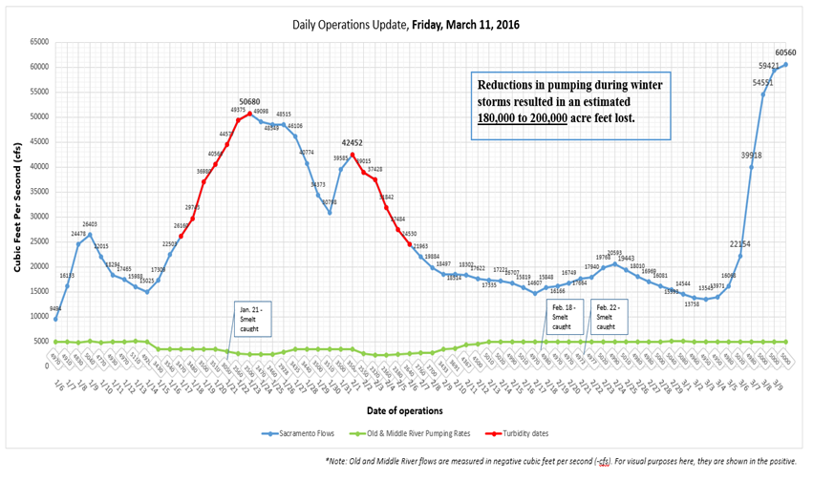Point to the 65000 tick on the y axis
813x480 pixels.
point(39,42)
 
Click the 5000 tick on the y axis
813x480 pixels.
point(41,342)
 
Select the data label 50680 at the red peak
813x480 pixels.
point(249,101)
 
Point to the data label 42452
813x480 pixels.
point(353,143)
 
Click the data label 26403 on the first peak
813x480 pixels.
point(89,225)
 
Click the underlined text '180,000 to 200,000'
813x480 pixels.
point(524,117)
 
